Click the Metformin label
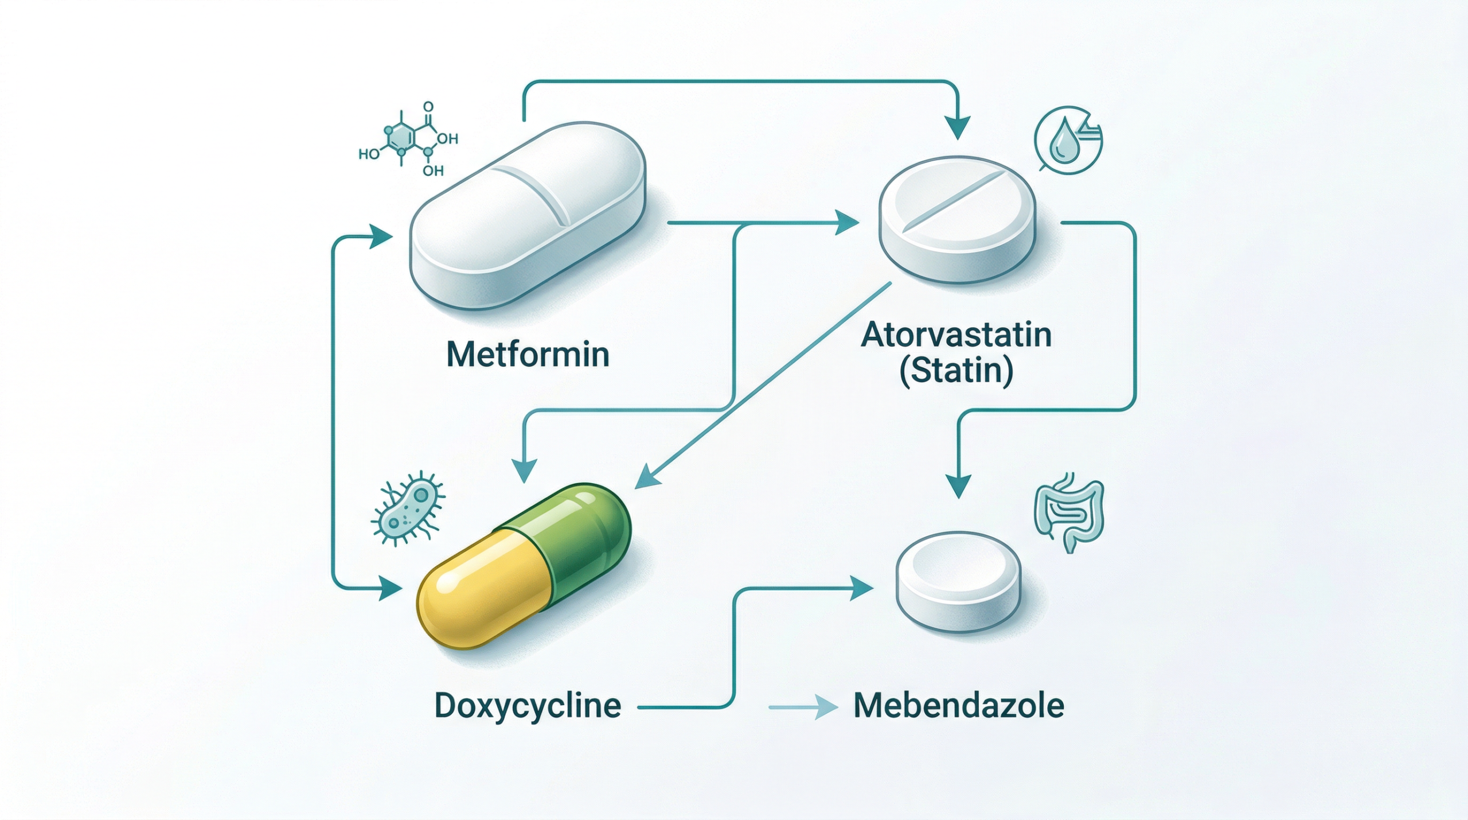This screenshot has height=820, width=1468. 528,354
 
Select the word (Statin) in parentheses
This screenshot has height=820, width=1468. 956,371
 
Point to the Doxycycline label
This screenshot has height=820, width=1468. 528,705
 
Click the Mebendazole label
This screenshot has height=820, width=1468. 958,705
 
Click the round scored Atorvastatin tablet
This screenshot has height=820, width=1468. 958,218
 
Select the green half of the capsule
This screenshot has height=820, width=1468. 573,534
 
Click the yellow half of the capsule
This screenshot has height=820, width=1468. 482,591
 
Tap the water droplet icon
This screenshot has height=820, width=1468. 1064,143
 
